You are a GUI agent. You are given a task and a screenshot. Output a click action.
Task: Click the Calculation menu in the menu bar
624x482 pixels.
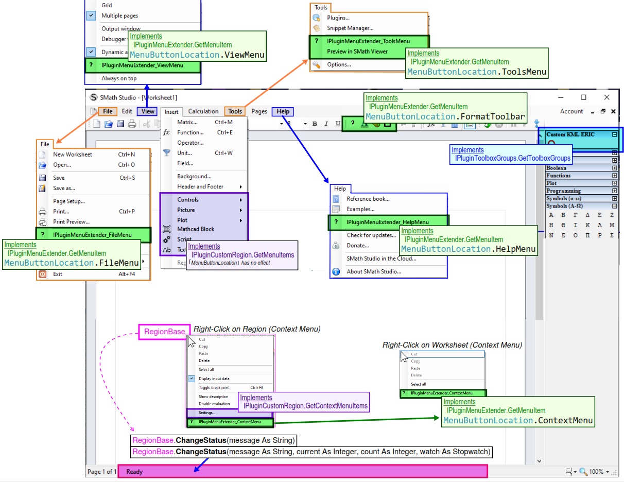(x=203, y=111)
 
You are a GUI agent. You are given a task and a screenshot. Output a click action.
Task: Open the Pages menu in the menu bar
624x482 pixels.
(x=259, y=111)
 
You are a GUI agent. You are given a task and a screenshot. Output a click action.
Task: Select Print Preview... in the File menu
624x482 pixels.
(x=71, y=222)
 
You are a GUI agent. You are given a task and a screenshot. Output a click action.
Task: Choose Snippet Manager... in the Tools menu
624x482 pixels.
(x=350, y=28)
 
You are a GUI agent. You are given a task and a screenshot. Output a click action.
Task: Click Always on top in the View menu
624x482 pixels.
(x=119, y=78)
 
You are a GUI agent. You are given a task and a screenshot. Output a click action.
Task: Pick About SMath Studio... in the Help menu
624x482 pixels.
(x=373, y=271)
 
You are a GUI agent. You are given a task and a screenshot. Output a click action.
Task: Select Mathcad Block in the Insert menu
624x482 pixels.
(x=196, y=229)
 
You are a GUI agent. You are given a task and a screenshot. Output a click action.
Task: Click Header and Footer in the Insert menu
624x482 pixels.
(x=200, y=186)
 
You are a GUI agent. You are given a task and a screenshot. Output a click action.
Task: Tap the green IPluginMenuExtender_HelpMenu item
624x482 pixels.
(x=387, y=222)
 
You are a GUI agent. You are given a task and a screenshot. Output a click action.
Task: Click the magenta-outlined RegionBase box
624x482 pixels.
(x=164, y=332)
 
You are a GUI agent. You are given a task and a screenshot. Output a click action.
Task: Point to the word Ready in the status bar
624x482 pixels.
(x=134, y=471)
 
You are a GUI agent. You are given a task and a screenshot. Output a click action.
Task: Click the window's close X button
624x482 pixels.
(x=606, y=97)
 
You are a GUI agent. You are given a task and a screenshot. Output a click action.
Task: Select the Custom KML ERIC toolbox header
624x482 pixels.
(x=570, y=134)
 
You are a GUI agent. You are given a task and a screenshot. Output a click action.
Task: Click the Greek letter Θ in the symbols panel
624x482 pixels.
(x=563, y=225)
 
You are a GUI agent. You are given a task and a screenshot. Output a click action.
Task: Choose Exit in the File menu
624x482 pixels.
(x=58, y=274)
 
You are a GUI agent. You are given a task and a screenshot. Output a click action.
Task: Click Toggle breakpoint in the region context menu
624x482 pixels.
(x=214, y=387)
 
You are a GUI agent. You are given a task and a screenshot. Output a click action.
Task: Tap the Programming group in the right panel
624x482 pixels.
(x=563, y=191)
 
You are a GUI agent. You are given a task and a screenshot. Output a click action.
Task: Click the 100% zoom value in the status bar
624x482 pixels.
(x=596, y=472)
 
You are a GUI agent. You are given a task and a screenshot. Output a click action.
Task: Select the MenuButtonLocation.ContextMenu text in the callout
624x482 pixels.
(x=517, y=420)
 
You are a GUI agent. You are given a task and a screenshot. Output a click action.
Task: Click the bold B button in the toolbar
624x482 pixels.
(x=315, y=124)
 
